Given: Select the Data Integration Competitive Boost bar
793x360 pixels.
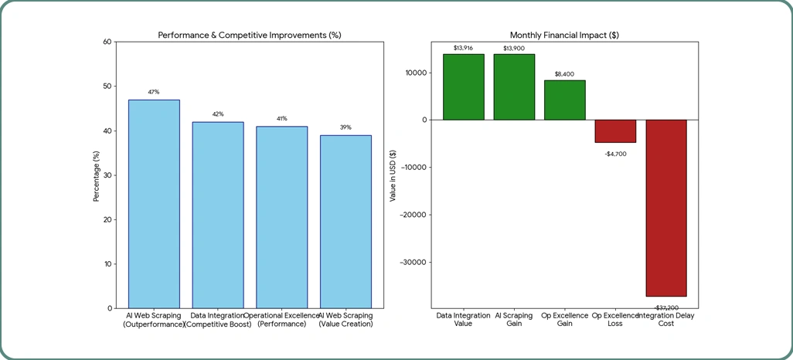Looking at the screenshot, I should (x=218, y=214).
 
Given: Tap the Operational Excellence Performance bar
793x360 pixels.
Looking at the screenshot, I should (x=282, y=216).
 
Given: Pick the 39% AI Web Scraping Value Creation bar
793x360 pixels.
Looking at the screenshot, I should (x=345, y=221).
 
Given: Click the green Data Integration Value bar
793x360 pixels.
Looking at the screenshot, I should (x=464, y=87).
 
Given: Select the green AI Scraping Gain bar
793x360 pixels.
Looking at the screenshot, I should (x=514, y=87).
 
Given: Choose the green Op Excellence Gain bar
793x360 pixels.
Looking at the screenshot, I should (x=565, y=100).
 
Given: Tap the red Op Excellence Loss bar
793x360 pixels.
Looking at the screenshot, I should (x=615, y=131).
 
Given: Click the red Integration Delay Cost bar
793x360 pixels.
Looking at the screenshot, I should (x=666, y=208).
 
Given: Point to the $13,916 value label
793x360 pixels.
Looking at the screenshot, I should (x=464, y=49).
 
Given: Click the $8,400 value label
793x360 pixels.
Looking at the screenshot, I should (x=565, y=74).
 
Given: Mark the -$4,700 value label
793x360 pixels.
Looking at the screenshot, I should (x=615, y=154).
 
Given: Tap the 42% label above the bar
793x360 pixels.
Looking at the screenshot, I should (x=218, y=114).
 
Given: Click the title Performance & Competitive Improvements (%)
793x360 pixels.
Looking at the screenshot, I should (x=250, y=36).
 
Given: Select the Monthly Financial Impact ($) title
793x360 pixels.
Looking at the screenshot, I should (x=565, y=36).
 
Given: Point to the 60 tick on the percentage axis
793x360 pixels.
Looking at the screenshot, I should (x=107, y=42).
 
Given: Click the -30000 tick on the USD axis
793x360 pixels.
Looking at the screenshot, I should (x=414, y=262).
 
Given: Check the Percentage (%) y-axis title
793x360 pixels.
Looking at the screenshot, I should (x=97, y=175).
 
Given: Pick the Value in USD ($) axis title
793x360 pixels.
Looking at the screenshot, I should (x=393, y=175).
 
